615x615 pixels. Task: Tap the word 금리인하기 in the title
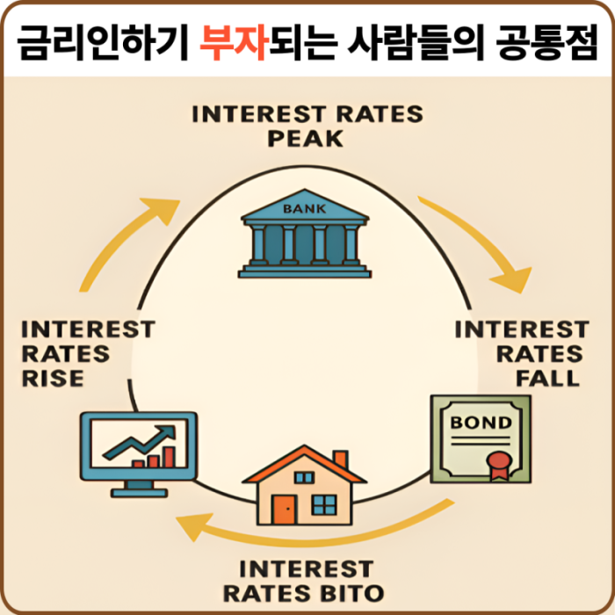point(103,42)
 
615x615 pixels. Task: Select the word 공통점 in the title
point(546,42)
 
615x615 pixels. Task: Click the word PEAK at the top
point(306,139)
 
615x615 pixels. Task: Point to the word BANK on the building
point(304,209)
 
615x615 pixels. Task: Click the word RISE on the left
point(53,379)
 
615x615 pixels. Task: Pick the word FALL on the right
point(547,379)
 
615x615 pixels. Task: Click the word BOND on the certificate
point(481,423)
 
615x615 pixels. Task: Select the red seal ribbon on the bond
point(500,466)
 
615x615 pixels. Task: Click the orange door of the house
point(285,510)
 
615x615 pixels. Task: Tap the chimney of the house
point(341,459)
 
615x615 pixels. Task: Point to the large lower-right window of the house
point(324,505)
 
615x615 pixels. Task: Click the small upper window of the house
point(304,477)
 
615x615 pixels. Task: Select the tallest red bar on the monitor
point(169,457)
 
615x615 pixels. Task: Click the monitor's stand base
point(139,493)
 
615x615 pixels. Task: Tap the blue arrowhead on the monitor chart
point(166,433)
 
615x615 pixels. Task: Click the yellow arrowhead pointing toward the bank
point(162,210)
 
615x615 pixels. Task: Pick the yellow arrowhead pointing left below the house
point(194,527)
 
